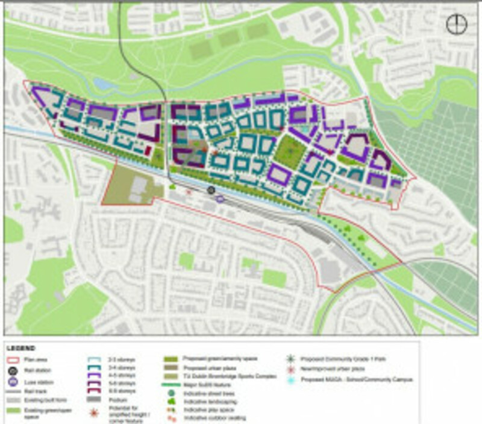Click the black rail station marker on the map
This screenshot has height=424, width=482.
pos(211,190)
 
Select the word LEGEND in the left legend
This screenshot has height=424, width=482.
pos(21,348)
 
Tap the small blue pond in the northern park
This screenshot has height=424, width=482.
pos(102,84)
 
